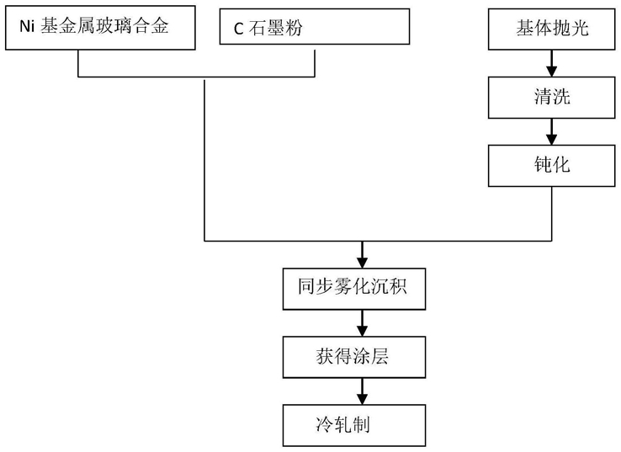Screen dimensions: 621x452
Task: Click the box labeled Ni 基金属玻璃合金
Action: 100,28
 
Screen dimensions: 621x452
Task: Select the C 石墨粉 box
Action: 315,27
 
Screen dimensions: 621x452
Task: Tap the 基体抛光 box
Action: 552,29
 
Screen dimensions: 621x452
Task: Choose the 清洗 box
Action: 552,98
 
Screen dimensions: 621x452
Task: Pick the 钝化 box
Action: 552,166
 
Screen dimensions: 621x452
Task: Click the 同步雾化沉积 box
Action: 354,289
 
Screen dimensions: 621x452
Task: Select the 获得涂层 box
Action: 354,357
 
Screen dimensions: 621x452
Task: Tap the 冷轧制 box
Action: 354,425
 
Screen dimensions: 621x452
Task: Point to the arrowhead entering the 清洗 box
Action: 552,72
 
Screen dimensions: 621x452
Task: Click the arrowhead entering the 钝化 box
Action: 552,140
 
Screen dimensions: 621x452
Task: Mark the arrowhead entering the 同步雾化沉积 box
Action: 362,263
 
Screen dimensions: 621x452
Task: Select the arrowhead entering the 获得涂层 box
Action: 362,331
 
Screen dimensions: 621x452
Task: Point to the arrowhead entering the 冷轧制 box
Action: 362,399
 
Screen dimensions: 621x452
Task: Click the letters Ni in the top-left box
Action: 27,27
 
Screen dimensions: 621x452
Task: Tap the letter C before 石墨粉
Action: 238,29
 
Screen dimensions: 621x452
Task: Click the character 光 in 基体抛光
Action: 580,29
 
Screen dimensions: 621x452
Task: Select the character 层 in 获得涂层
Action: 379,356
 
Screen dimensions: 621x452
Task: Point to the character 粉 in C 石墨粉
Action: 294,28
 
